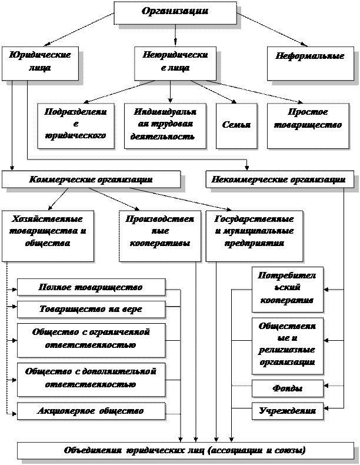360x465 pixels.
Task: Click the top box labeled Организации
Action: [175, 12]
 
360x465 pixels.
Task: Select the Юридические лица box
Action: [39, 61]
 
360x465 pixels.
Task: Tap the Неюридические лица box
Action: [175, 61]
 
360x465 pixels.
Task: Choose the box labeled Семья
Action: [236, 125]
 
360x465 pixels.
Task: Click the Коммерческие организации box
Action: [91, 180]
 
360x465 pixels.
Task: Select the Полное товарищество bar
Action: [91, 287]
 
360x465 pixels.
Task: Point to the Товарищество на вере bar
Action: [91, 309]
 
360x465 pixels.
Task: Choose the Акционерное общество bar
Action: [91, 410]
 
